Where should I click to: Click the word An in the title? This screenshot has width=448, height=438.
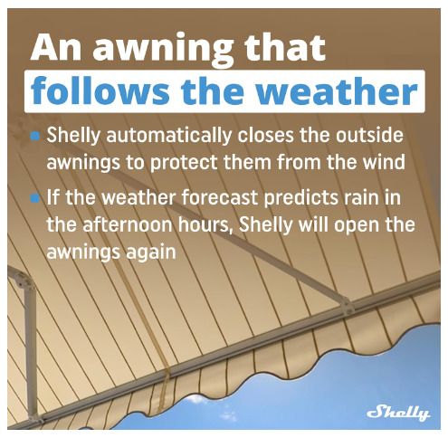pos(56,48)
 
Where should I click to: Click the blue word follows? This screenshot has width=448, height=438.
pos(100,90)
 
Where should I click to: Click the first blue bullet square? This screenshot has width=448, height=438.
pos(35,137)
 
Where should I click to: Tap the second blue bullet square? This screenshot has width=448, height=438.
pos(35,198)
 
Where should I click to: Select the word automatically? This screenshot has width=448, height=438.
pos(168,137)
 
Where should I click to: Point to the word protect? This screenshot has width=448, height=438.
pos(184,163)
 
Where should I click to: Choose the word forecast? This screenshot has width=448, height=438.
pos(220,197)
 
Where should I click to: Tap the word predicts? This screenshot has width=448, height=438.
pos(300,199)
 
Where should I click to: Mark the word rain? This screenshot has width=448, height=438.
pos(359,197)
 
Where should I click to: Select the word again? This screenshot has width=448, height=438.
pos(151,252)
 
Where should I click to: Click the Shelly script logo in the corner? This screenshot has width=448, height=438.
pos(398,413)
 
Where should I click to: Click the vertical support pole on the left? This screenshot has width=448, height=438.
pos(30,347)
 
